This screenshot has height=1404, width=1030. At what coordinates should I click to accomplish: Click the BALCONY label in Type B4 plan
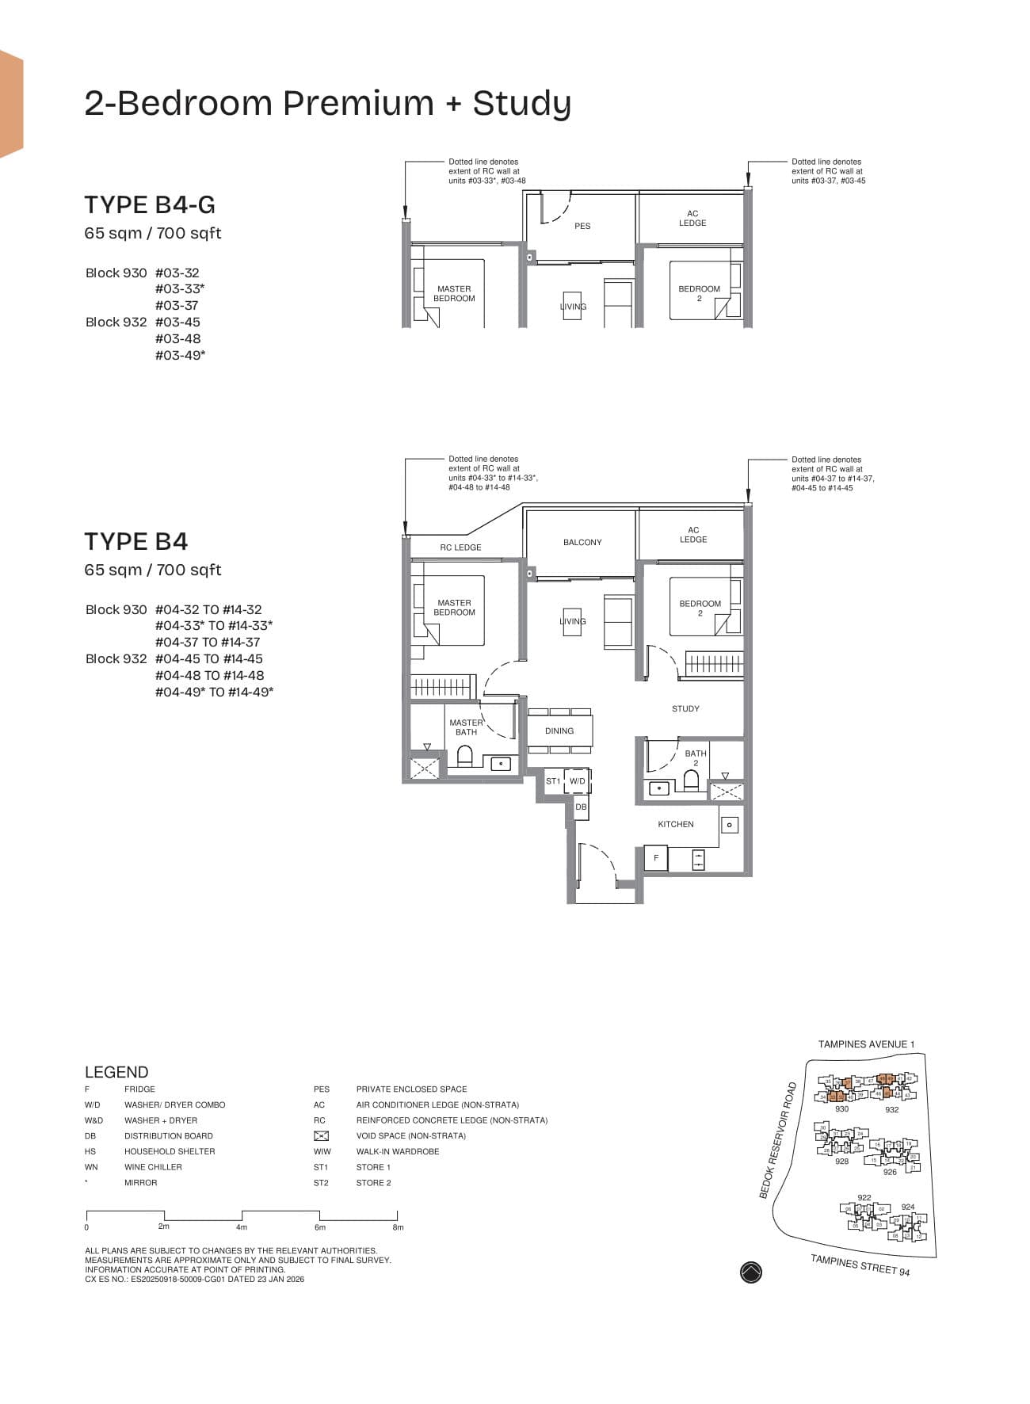(x=582, y=543)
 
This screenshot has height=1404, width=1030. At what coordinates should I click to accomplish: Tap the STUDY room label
(x=685, y=709)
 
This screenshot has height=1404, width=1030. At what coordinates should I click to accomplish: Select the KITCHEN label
(x=676, y=825)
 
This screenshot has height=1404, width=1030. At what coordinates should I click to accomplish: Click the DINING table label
(x=559, y=731)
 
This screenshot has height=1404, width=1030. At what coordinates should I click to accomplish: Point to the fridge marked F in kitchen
(x=656, y=858)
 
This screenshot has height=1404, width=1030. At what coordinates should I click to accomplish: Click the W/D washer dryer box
(x=578, y=781)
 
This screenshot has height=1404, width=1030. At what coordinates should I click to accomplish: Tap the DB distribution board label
(x=581, y=807)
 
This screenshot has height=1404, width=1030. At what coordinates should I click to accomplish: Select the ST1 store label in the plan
(x=553, y=781)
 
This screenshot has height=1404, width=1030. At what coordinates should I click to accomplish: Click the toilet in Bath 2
(x=691, y=781)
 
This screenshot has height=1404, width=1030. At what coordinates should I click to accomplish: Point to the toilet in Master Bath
(x=465, y=757)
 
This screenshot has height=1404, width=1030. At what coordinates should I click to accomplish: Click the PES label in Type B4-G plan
(x=582, y=227)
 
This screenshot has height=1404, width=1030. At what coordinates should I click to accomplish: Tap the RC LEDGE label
(x=460, y=547)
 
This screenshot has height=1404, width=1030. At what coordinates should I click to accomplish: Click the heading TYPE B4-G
(x=150, y=205)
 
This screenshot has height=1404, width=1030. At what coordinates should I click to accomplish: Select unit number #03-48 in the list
(x=177, y=339)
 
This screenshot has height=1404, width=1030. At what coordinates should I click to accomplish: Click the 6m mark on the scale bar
(x=320, y=1227)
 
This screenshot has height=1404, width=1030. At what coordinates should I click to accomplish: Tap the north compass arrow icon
(x=750, y=1272)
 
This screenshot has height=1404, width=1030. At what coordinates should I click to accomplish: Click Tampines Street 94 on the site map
(x=860, y=1265)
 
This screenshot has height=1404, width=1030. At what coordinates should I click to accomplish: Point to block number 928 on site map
(x=841, y=1162)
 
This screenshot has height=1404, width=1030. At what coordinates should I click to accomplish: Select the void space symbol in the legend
(x=321, y=1136)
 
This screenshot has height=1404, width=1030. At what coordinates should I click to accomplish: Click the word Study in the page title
(x=521, y=104)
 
